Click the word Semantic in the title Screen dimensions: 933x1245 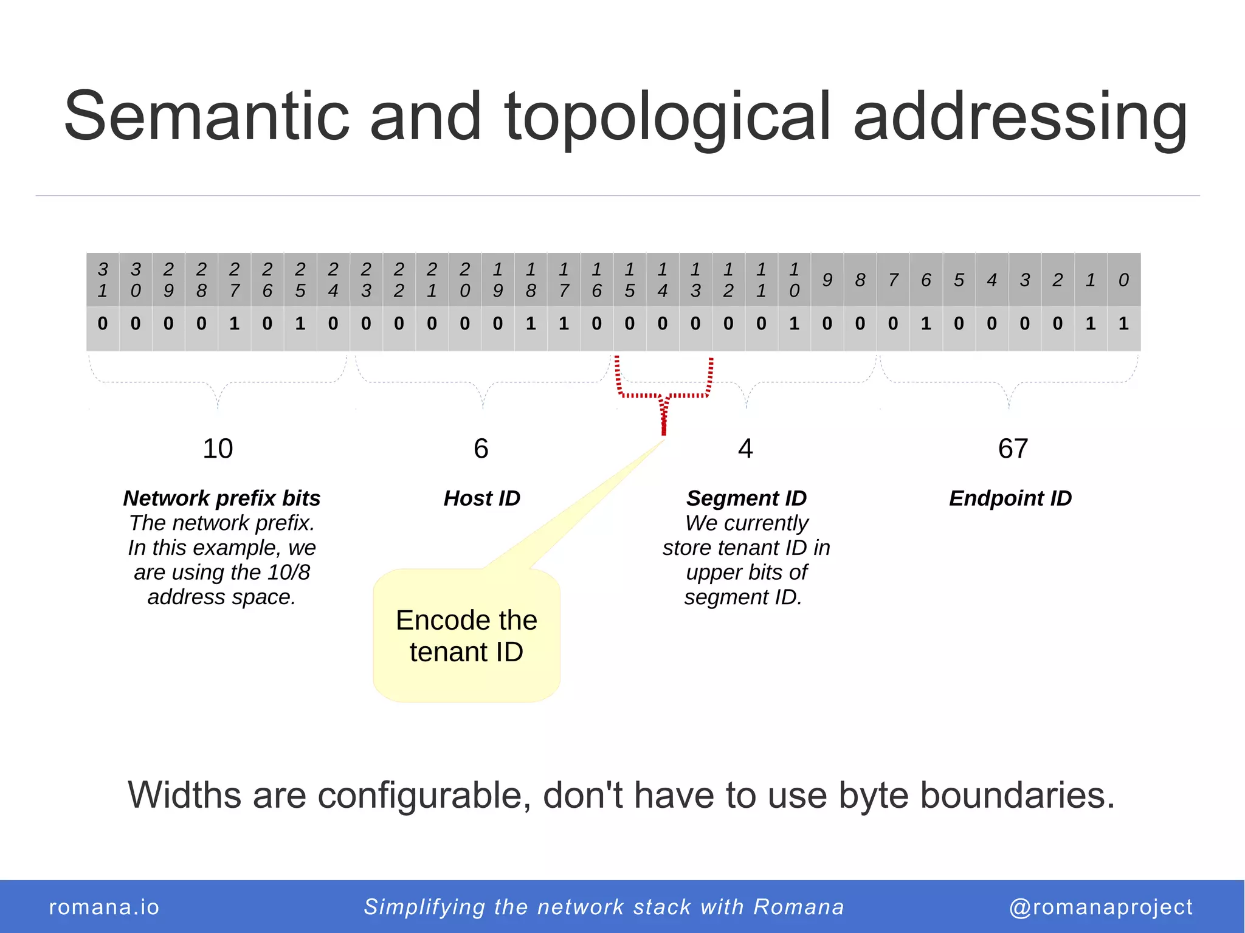(x=207, y=115)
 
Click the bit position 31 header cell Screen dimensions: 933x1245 (x=103, y=280)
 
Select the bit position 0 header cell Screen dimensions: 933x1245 (x=1123, y=280)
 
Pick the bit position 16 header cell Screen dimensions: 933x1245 (x=596, y=280)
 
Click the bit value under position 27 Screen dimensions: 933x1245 (x=234, y=323)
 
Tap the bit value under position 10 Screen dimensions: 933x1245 (x=794, y=323)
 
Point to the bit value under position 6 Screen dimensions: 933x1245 (x=926, y=323)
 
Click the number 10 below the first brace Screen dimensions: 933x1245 (x=218, y=449)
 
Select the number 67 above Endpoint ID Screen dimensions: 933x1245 (x=1013, y=449)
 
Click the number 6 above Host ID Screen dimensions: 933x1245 (x=481, y=449)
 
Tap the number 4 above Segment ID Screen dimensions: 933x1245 (x=745, y=449)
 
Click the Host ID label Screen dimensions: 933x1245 (x=482, y=498)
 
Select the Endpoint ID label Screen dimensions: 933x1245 (x=1010, y=498)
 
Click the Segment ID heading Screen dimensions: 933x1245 (x=747, y=498)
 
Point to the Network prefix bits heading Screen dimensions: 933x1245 (x=222, y=498)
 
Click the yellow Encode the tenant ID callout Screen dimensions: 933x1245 (x=466, y=636)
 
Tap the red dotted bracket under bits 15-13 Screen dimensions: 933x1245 (x=664, y=395)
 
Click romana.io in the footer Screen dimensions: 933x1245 (x=104, y=907)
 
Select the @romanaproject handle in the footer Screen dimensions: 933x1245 (x=1101, y=907)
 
